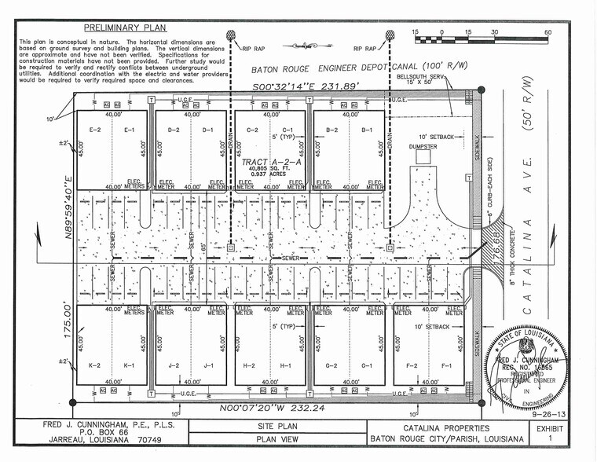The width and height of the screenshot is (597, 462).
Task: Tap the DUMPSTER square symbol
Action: tap(423, 157)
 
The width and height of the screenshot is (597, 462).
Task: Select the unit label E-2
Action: tap(97, 130)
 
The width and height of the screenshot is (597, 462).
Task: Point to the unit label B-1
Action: tap(367, 130)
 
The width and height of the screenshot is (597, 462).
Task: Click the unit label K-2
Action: tap(95, 365)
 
